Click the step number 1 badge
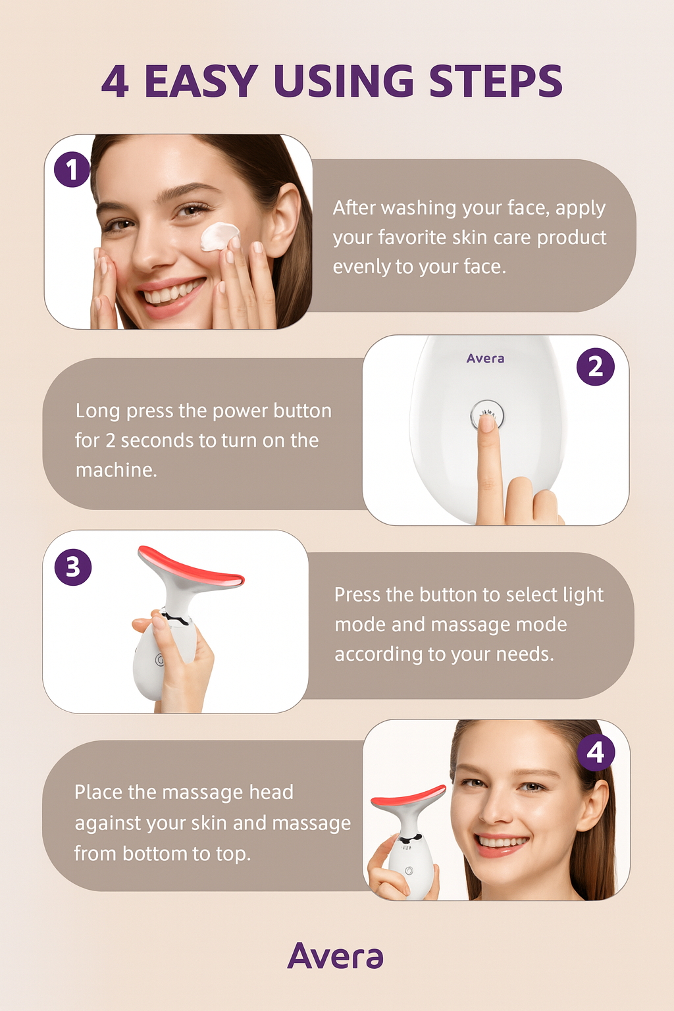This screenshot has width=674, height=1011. coord(72,169)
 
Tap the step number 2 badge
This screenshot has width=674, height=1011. coord(595,367)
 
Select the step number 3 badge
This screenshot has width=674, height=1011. coord(73,567)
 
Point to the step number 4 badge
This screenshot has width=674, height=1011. coord(596,752)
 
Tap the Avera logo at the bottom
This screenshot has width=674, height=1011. coord(335,956)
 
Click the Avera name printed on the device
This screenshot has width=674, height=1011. coord(485,359)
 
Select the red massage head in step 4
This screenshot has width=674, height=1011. coord(408,796)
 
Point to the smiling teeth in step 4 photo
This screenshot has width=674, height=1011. coord(502,841)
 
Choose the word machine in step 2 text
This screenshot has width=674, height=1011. coord(115,470)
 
